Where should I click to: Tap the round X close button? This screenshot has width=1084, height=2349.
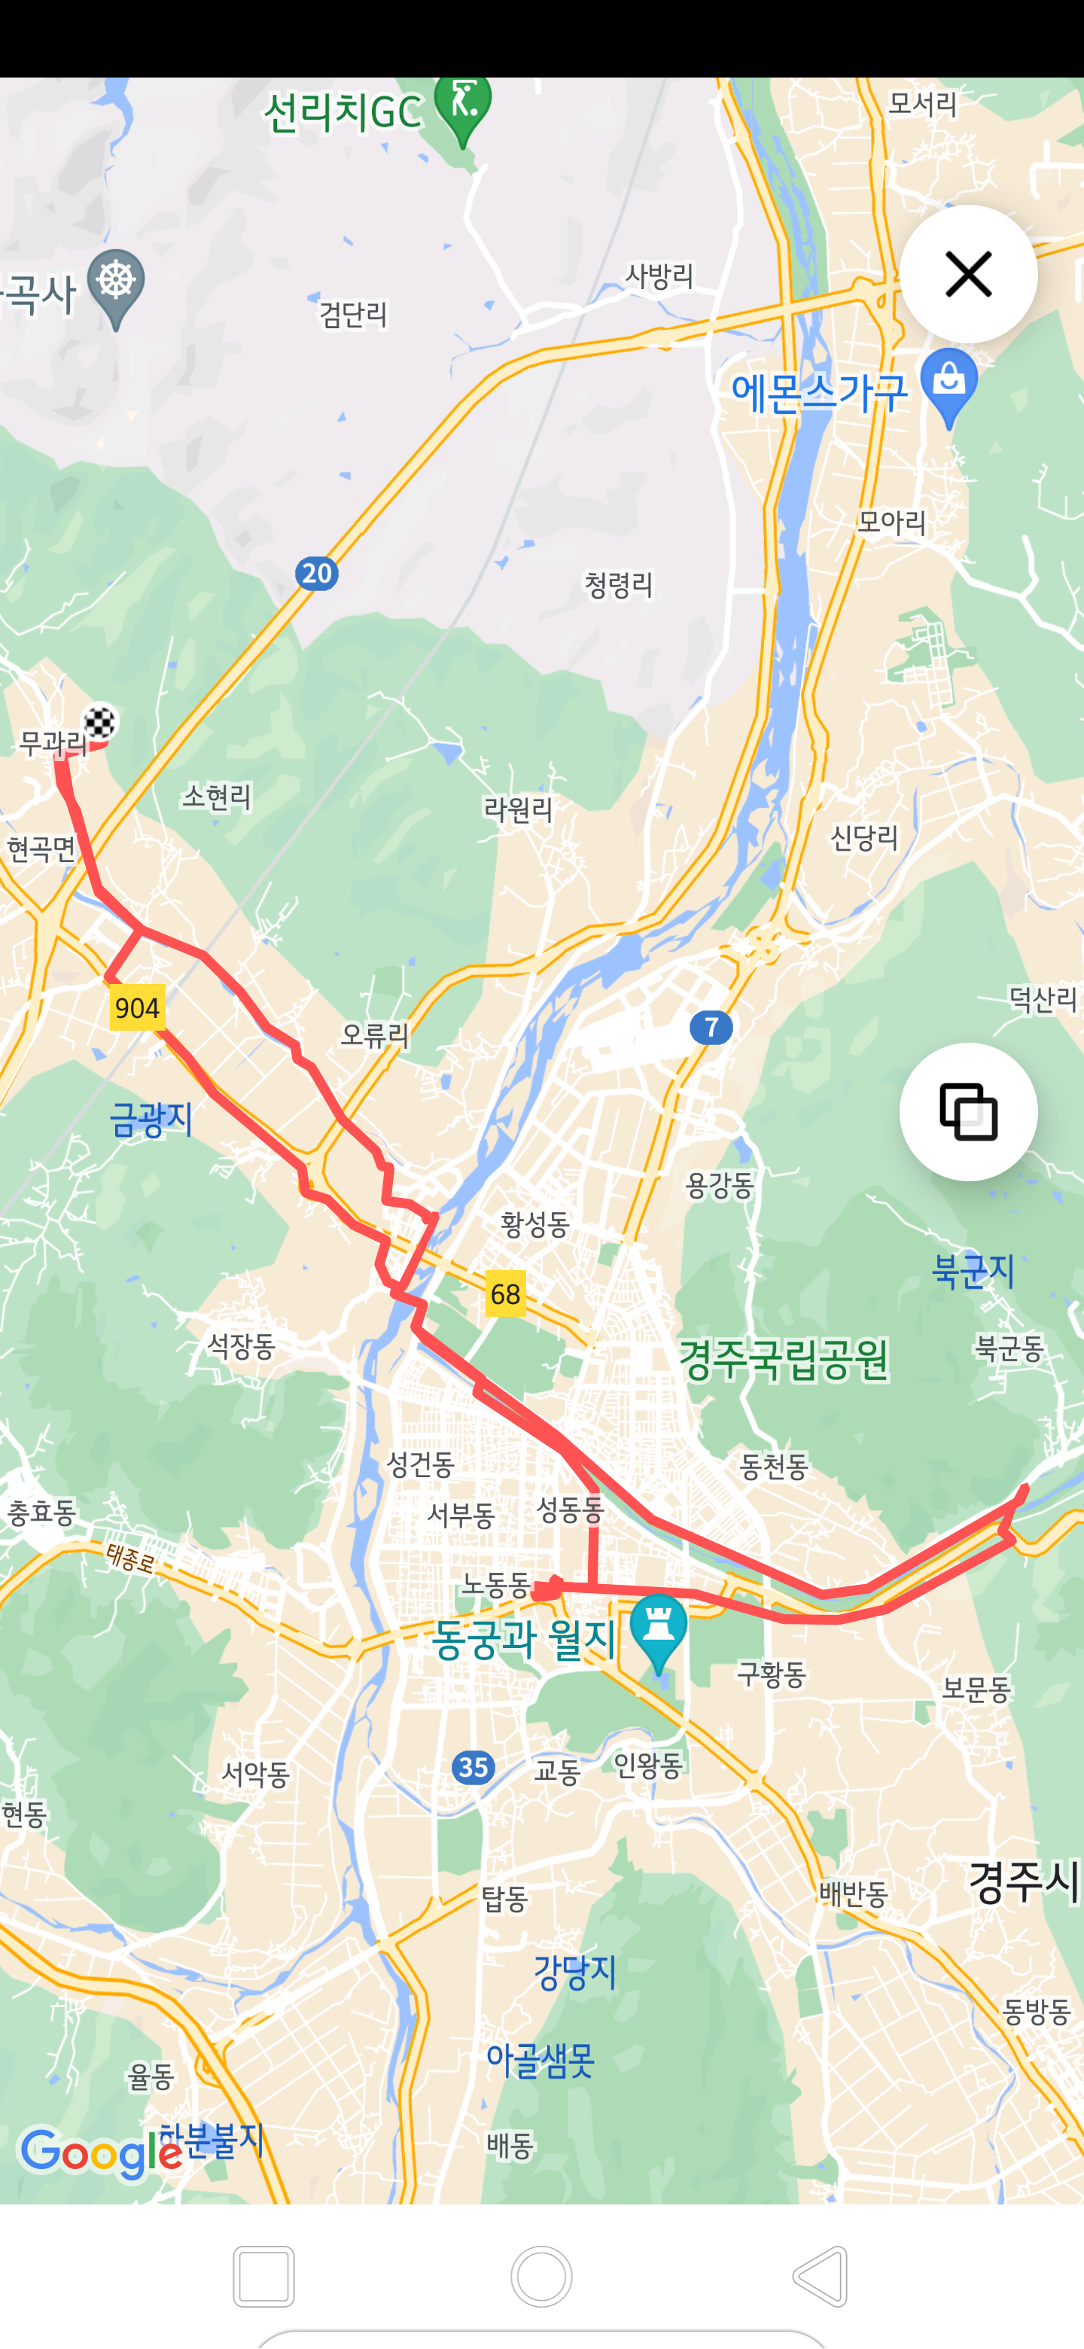968,273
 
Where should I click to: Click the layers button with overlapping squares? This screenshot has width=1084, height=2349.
968,1111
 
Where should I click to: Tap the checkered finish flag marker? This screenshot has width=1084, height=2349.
99,722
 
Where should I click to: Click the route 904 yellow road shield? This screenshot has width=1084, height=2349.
138,1007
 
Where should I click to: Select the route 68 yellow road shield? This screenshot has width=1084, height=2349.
505,1293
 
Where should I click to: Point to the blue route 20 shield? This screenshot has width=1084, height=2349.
316,574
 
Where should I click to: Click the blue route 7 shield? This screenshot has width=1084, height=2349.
711,1028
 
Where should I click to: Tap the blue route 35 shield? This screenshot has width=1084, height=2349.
473,1768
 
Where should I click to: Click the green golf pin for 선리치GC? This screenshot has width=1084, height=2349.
463,108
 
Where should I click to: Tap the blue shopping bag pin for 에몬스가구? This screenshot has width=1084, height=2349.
949,384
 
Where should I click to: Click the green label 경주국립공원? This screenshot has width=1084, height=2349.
783,1360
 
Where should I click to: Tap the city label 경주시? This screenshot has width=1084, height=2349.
1023,1881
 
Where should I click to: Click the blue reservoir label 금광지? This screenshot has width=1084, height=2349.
151,1119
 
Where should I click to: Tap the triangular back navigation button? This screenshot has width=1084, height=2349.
821,2276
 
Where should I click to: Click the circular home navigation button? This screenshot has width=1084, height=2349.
541,2276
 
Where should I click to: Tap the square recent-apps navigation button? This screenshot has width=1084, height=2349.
263,2276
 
